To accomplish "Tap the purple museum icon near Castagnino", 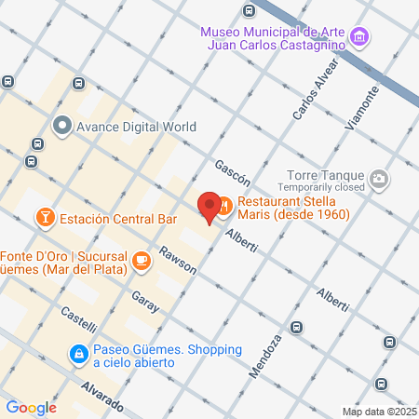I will [x=360, y=38].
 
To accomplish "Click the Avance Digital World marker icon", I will [x=63, y=125].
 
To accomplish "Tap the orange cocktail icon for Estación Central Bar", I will [x=44, y=219].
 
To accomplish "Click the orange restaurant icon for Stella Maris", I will [x=225, y=202].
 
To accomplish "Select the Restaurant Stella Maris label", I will [x=293, y=208].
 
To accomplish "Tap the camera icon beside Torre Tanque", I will [x=379, y=179].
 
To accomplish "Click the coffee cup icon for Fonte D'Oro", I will [x=142, y=261].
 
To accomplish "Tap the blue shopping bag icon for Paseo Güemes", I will [x=80, y=354].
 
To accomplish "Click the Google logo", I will [x=30, y=407].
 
